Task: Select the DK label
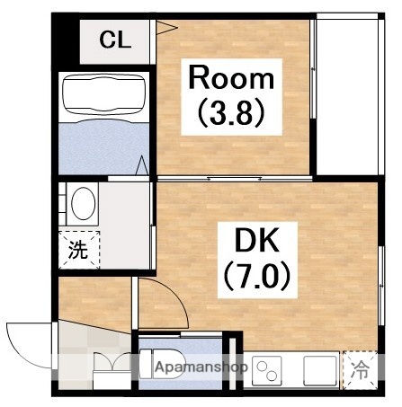pyautogui.click(x=257, y=241)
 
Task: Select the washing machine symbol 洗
pyautogui.click(x=79, y=250)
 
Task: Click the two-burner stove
pyautogui.click(x=267, y=368)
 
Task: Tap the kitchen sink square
pyautogui.click(x=318, y=368)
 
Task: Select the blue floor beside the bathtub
pyautogui.click(x=103, y=144)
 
